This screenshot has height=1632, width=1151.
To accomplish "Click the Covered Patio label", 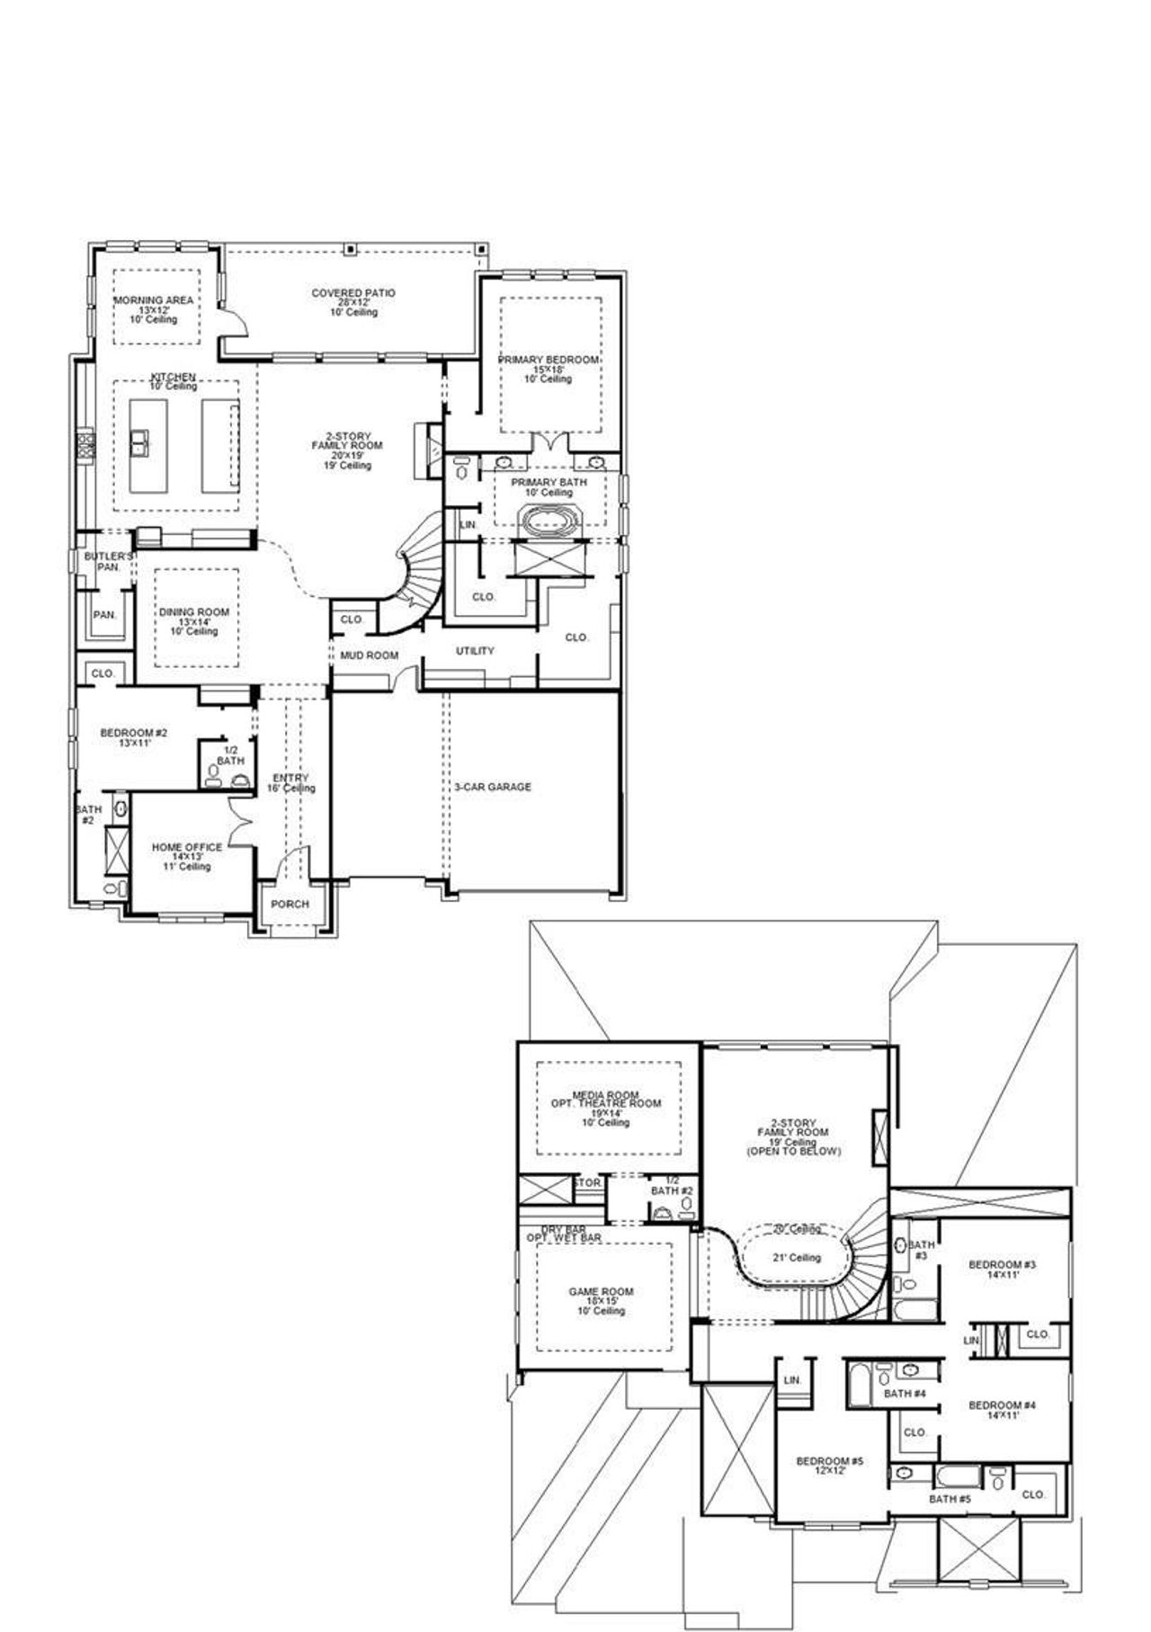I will pos(353,293).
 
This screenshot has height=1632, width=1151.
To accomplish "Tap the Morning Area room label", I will pos(154,300).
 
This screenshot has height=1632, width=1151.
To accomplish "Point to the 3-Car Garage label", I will pos(492,787).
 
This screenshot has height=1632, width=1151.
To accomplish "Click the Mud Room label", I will pos(369,655).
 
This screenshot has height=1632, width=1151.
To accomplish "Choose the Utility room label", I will pos(475,651).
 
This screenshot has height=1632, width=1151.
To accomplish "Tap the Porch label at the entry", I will pos(290,905).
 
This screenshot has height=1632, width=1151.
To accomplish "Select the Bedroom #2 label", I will pos(133,733).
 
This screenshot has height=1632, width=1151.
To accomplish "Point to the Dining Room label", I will pos(194,612).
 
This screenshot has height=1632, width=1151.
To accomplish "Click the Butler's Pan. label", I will pos(103,562).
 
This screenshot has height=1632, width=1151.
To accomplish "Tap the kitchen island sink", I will pos(140,441).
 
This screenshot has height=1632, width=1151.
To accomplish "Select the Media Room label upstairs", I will pos(606,1096).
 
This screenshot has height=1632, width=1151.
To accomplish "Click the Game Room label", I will pos(602,1292).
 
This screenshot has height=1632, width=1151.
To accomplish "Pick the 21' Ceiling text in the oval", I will pos(797,1258).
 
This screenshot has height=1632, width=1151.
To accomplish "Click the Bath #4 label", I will pos(905,1394).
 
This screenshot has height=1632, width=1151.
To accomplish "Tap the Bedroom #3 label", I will pos(1003,1264).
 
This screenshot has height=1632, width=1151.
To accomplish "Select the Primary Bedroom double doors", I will pos(549,442).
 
